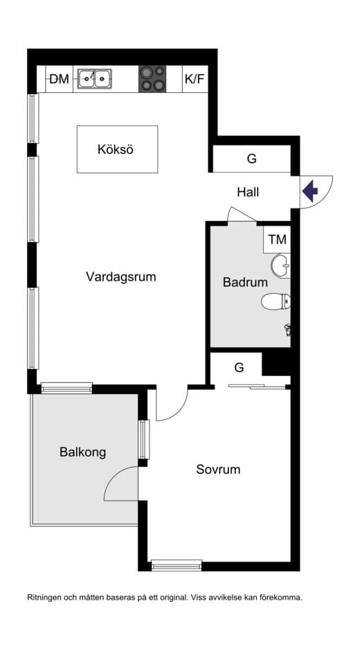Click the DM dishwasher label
(60, 79)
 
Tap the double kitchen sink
(95, 79)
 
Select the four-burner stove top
(153, 78)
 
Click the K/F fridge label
(195, 79)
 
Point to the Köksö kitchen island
(117, 149)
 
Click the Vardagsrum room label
(120, 277)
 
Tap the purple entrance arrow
(309, 188)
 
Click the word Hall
(248, 192)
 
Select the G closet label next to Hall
(251, 159)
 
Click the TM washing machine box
(277, 240)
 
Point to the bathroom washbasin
(281, 265)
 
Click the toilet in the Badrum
(276, 302)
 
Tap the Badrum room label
(245, 283)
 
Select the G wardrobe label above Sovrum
(239, 366)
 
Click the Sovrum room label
(218, 470)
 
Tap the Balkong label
(82, 453)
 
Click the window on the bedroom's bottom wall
(177, 566)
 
